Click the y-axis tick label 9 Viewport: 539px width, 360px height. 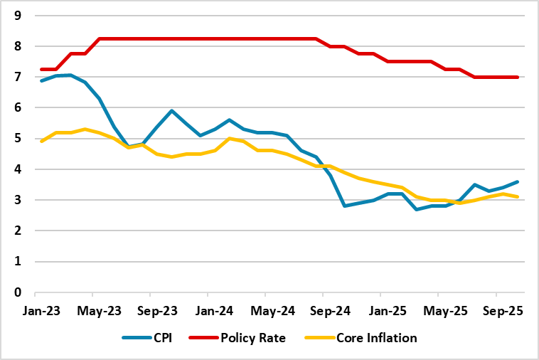19,15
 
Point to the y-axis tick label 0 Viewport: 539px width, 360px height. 19,292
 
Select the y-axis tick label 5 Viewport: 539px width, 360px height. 19,138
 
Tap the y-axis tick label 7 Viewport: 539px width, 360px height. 19,77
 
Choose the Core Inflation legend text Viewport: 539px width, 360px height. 376,338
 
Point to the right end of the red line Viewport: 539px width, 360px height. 517,77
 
